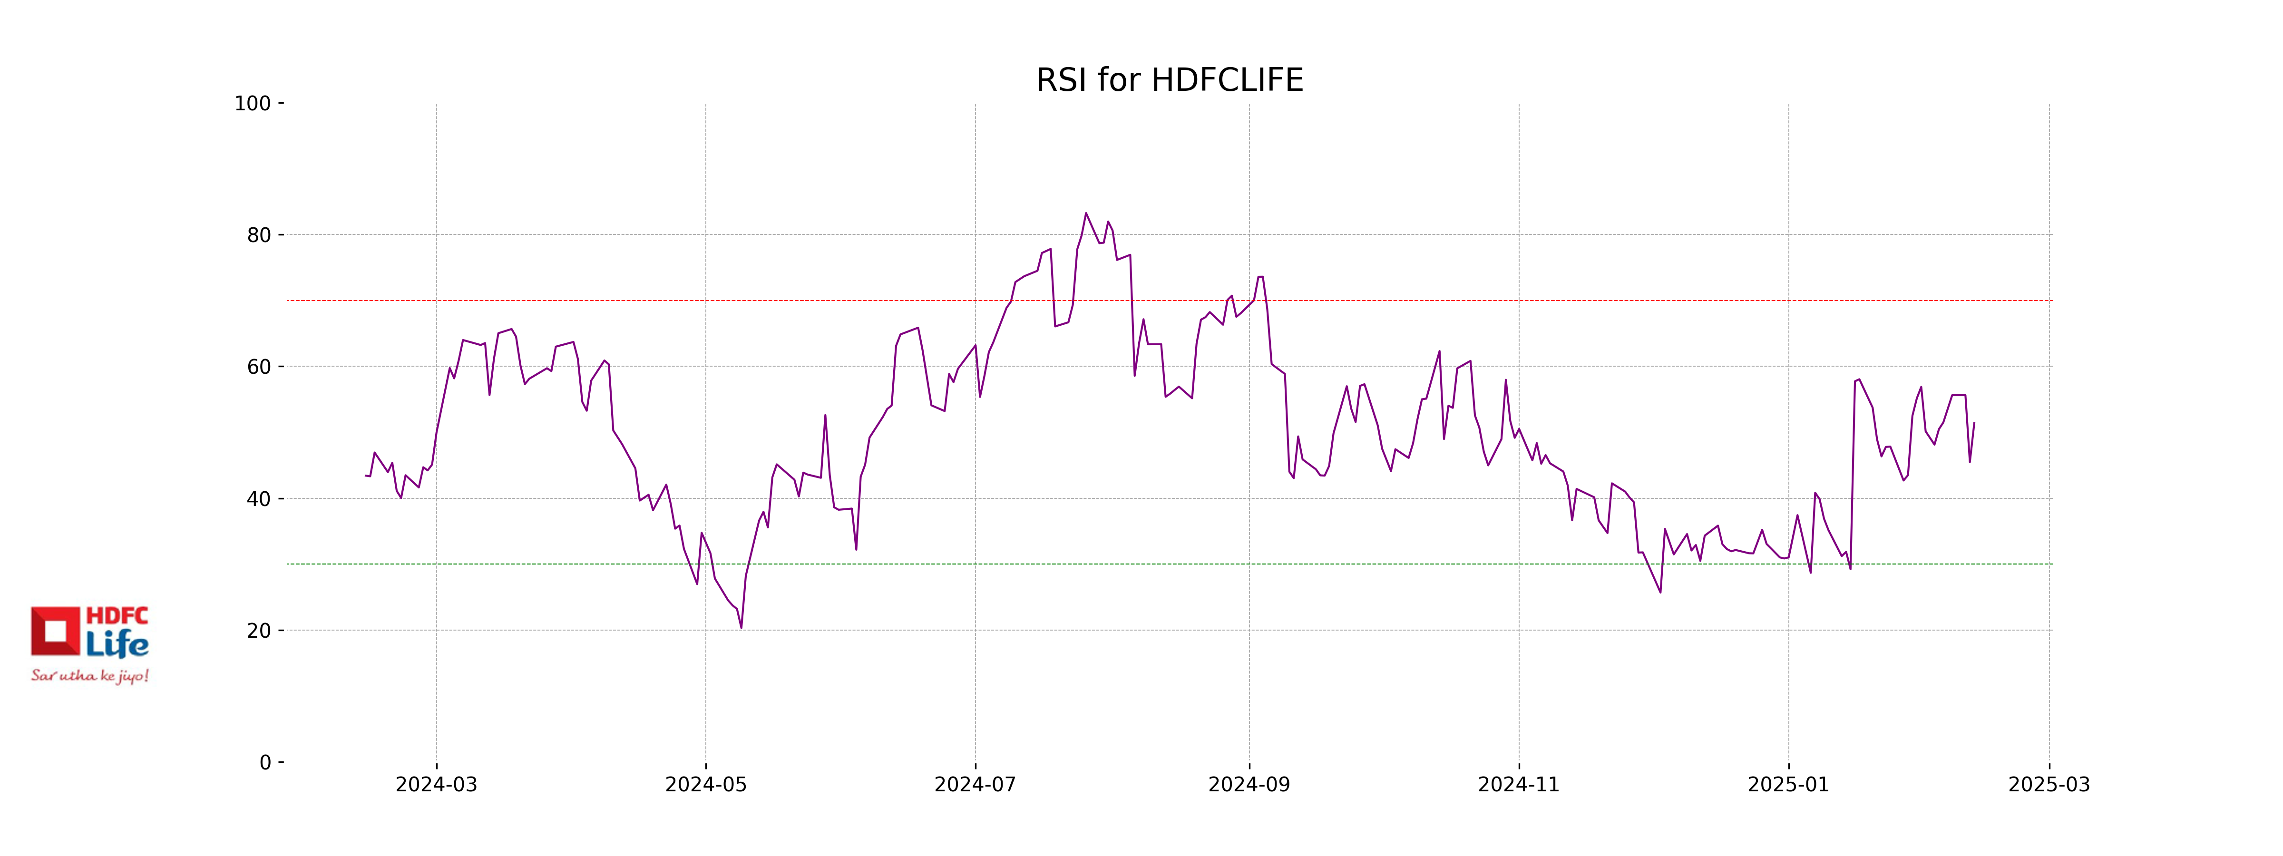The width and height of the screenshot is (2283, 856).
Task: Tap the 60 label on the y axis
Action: [x=259, y=367]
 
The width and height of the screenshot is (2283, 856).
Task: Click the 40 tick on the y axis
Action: [x=259, y=499]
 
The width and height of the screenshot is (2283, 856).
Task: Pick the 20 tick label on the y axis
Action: [x=259, y=631]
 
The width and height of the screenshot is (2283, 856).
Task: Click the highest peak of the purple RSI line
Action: [x=1086, y=214]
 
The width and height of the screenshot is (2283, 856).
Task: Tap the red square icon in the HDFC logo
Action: [x=55, y=631]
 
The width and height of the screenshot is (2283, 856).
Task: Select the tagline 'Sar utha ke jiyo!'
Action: [x=89, y=676]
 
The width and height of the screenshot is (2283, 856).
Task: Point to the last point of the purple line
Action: [x=1974, y=424]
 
